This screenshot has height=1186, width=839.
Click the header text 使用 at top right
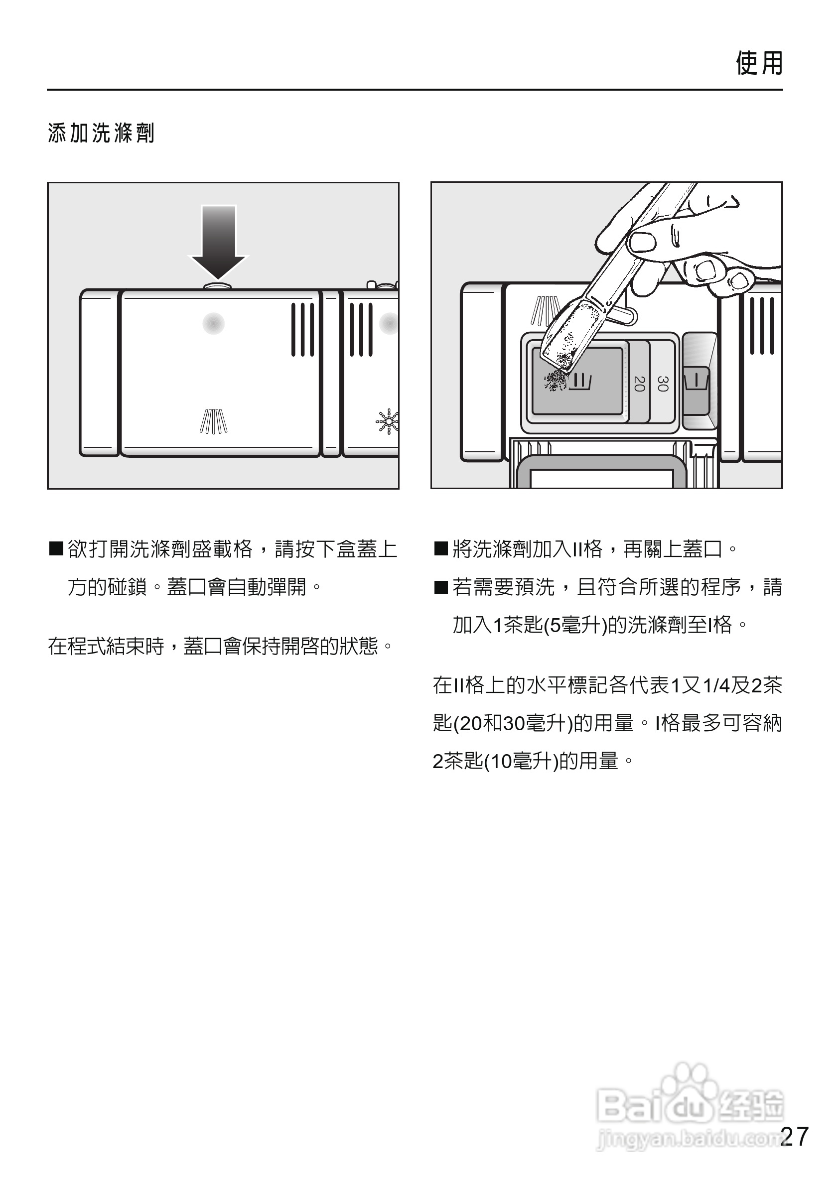(759, 64)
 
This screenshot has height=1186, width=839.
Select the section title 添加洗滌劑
(101, 133)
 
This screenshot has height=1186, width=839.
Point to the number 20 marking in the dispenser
(639, 383)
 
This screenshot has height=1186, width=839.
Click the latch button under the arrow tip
(218, 285)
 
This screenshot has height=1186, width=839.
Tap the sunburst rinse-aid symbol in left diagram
(388, 421)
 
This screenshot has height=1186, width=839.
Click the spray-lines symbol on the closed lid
(213, 421)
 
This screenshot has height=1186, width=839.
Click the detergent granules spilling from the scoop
(556, 381)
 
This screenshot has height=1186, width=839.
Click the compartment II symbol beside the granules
(581, 382)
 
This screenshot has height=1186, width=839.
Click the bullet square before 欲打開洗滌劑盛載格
(56, 548)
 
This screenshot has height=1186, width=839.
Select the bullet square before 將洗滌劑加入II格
(441, 548)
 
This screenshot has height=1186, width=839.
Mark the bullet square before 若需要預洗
(441, 587)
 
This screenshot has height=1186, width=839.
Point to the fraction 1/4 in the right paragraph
(716, 686)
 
